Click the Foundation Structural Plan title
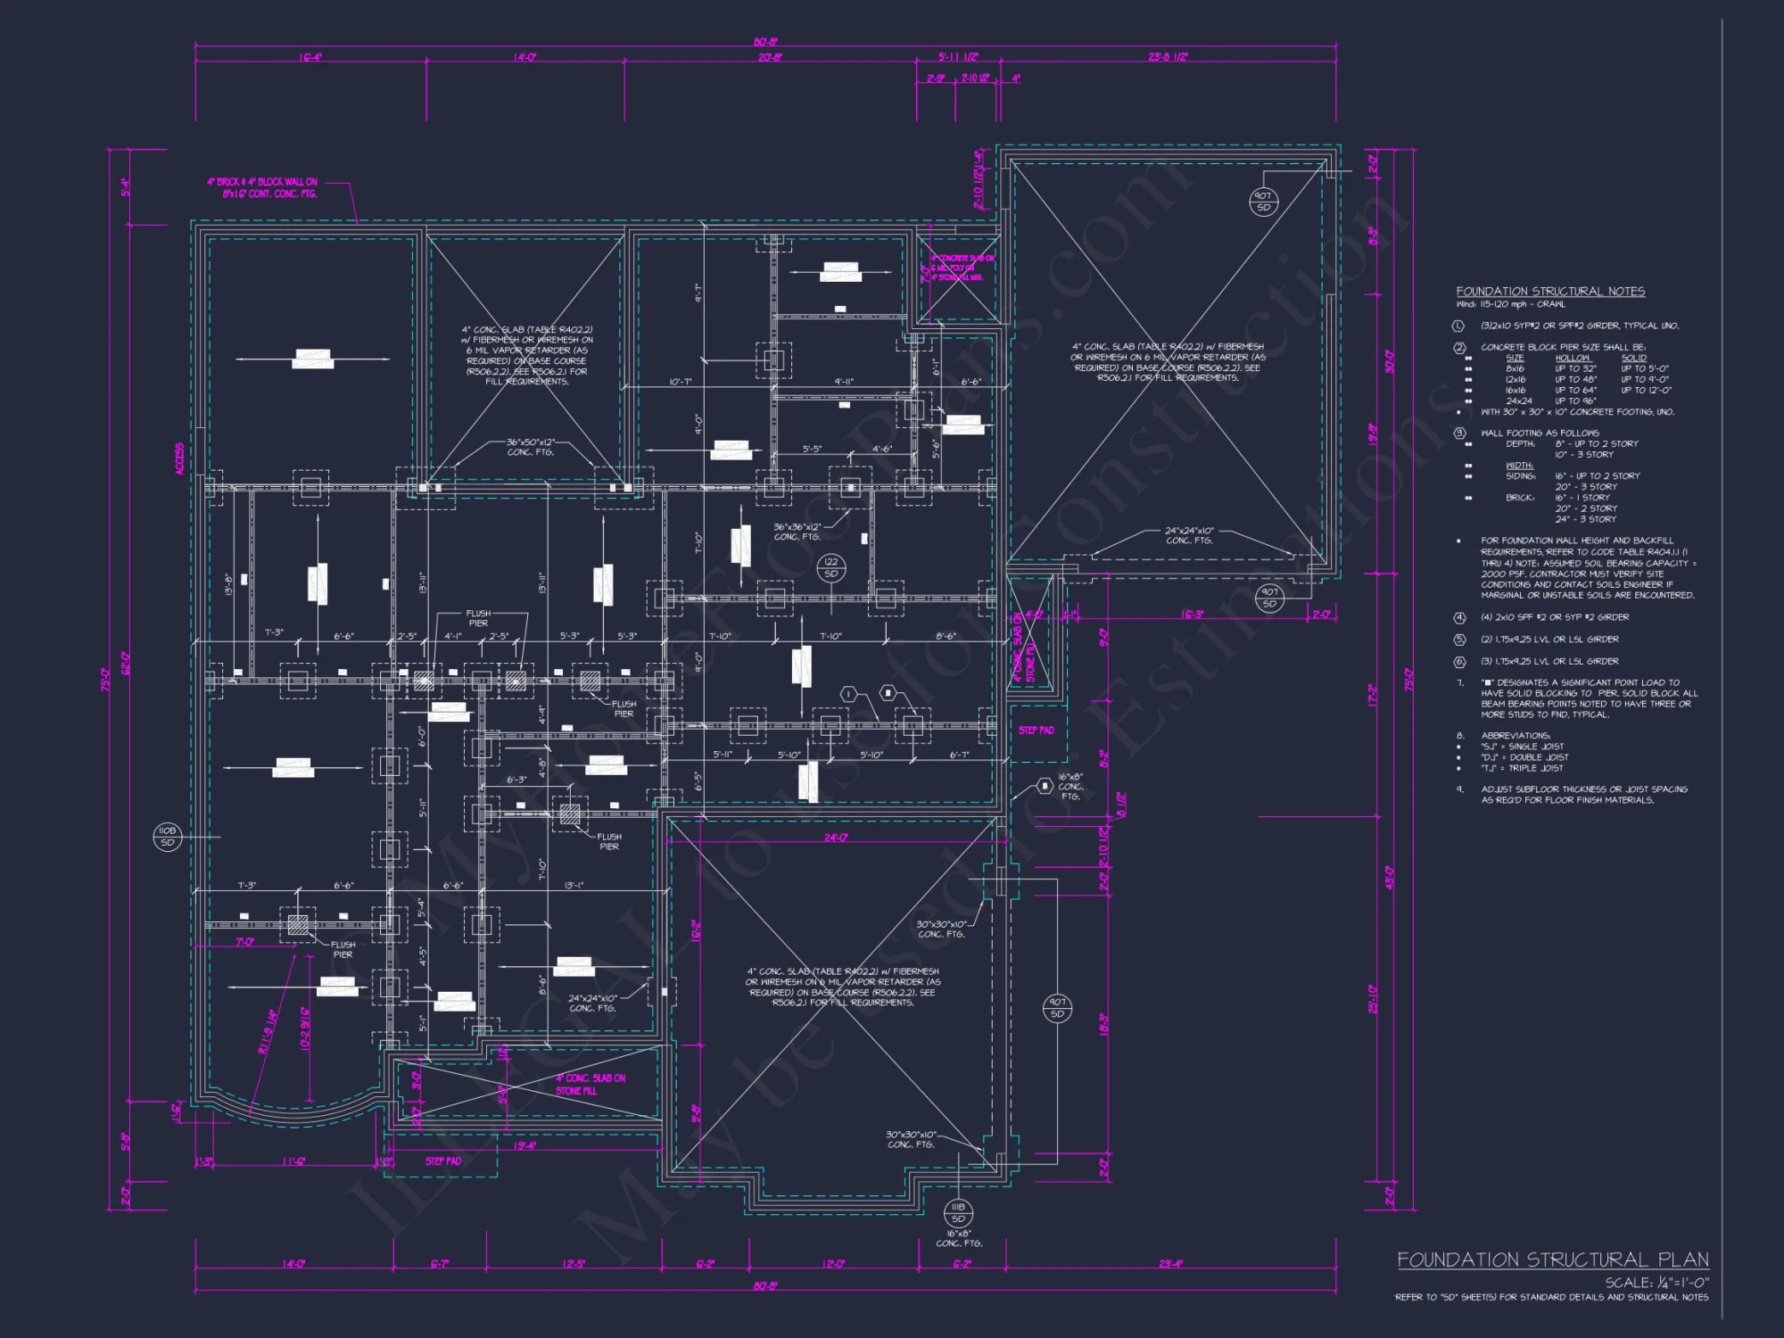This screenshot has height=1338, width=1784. click(x=1552, y=1260)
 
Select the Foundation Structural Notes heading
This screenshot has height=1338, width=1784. click(x=1550, y=292)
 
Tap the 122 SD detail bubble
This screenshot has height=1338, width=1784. click(x=831, y=567)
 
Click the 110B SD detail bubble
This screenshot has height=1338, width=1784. click(x=167, y=836)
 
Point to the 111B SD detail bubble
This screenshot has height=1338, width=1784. click(x=958, y=1212)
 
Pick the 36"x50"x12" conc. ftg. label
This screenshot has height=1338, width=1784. click(x=531, y=447)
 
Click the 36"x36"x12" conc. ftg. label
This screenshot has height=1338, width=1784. click(x=797, y=532)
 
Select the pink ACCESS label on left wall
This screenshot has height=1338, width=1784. click(x=180, y=458)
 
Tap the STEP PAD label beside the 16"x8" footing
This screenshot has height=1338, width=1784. click(x=1036, y=730)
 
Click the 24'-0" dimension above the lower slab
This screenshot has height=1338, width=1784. click(x=836, y=838)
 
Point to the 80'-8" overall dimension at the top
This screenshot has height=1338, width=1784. click(x=764, y=42)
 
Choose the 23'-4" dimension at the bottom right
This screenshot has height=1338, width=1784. click(x=1170, y=1264)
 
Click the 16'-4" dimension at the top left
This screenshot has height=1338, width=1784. click(x=310, y=58)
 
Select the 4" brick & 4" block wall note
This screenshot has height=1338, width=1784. click(x=263, y=187)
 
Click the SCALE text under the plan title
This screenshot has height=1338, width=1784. click(x=1656, y=1282)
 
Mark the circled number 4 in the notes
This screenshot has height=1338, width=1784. click(x=1459, y=617)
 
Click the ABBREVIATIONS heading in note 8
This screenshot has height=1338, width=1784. click(x=1516, y=736)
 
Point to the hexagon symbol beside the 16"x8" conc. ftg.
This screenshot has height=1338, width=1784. click(x=1045, y=786)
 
